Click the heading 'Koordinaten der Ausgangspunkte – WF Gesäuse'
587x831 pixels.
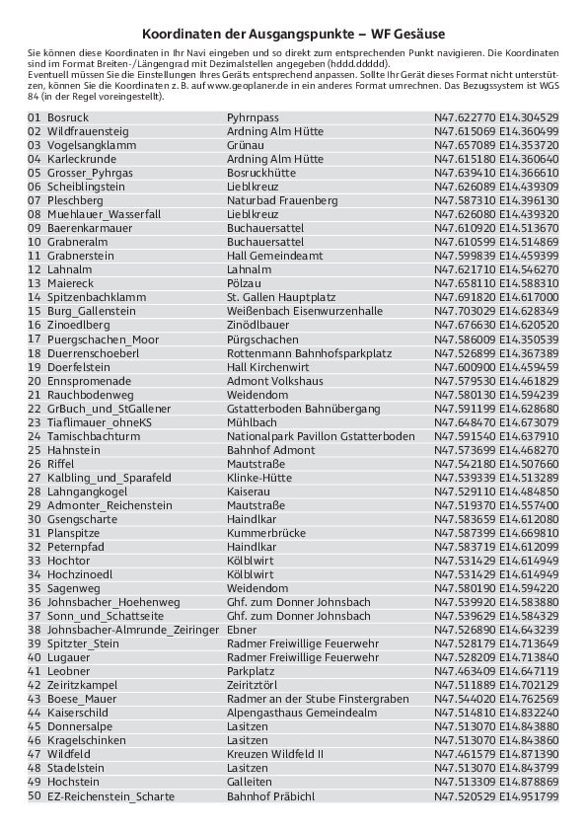[x=293, y=33]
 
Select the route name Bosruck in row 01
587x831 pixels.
[x=67, y=117]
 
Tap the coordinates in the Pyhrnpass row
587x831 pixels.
[x=496, y=117]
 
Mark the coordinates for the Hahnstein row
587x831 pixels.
[x=496, y=450]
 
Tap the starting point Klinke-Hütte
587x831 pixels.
[x=259, y=478]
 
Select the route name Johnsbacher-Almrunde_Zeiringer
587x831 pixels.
[x=132, y=630]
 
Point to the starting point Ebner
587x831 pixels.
[x=242, y=630]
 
